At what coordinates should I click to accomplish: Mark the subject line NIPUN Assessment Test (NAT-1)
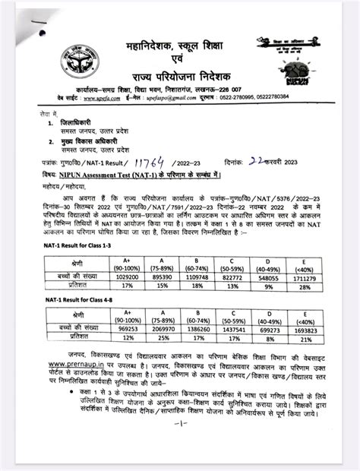[x=144, y=174]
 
